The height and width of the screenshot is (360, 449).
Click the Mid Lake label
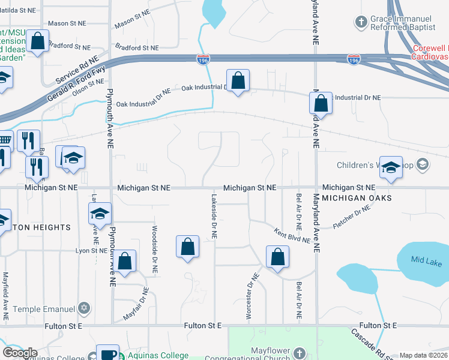tap(426, 262)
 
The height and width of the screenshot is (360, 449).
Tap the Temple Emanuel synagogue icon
tap(85, 308)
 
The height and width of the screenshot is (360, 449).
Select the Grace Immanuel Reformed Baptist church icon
tap(361, 23)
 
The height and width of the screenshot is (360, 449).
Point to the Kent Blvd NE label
tap(292, 236)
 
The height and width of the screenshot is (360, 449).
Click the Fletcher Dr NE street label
tap(352, 218)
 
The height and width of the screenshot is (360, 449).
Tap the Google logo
tap(20, 353)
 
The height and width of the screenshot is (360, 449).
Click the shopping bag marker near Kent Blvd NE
tap(278, 257)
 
